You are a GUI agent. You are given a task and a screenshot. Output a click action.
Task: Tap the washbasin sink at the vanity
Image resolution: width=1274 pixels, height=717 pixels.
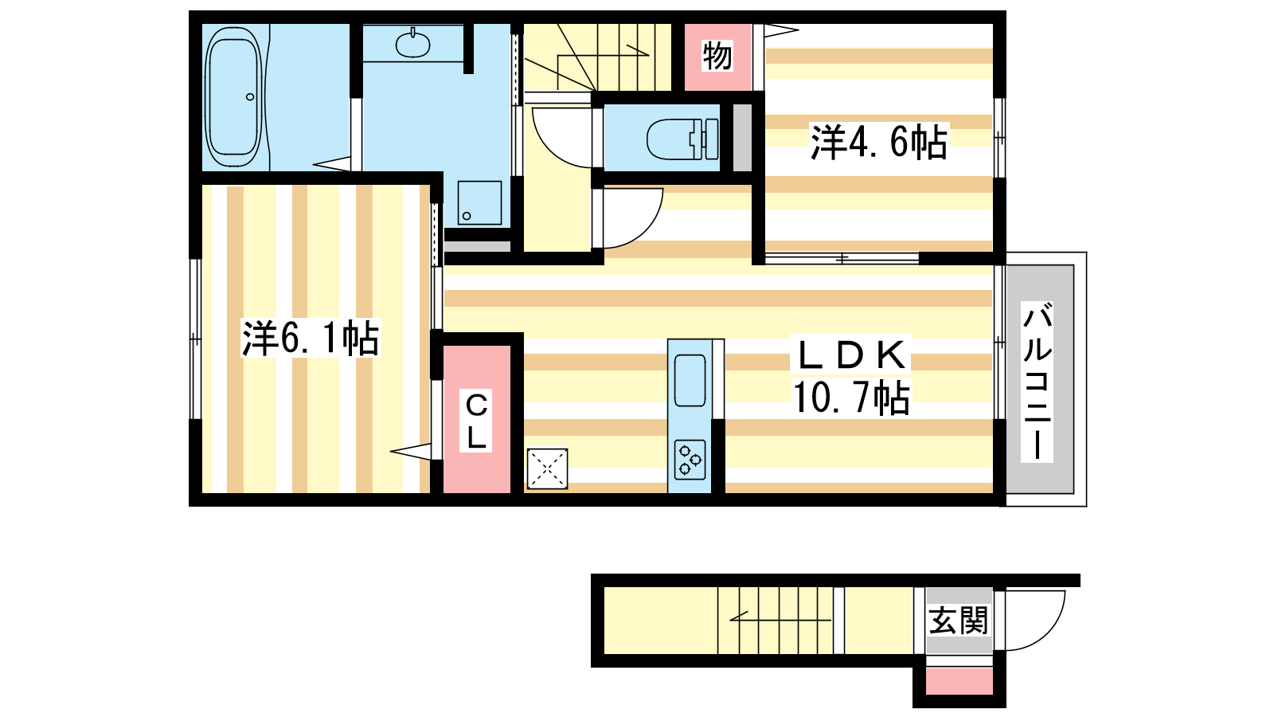point(413,44)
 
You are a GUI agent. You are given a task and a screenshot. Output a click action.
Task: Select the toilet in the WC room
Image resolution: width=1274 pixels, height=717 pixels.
point(682,139)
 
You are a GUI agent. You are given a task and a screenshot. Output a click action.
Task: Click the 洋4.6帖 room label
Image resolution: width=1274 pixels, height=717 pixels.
point(879,142)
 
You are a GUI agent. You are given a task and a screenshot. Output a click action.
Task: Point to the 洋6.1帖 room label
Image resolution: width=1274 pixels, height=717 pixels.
point(311,339)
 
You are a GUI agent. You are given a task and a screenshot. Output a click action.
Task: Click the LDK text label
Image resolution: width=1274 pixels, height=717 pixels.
point(851,355)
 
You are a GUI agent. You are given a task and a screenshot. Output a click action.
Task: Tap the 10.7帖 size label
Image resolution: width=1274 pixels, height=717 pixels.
point(851,398)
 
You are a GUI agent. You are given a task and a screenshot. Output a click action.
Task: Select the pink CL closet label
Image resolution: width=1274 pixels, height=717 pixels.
point(476,421)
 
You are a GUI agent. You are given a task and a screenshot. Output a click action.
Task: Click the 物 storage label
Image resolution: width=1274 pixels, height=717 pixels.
point(717,56)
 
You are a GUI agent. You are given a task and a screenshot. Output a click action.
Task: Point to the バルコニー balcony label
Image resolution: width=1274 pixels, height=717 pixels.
point(1037,382)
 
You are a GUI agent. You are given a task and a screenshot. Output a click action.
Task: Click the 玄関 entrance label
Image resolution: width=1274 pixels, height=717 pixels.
point(959,621)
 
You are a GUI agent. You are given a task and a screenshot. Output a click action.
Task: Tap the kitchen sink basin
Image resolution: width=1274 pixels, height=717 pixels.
point(690,380)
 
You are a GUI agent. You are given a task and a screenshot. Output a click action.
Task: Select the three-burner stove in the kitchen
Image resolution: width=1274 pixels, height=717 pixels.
point(690,460)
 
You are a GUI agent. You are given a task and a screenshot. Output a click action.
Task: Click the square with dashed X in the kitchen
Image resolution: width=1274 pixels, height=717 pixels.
point(547,469)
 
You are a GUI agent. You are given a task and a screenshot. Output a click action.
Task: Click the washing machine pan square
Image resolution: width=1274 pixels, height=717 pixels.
point(479,202)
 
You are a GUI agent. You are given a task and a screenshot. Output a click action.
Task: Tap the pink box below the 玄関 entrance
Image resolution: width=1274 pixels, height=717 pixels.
point(959,681)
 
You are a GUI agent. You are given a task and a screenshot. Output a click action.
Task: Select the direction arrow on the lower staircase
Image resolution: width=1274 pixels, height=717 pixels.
point(780,617)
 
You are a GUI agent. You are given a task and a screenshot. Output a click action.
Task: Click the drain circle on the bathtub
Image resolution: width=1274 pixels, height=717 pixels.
point(250,96)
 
